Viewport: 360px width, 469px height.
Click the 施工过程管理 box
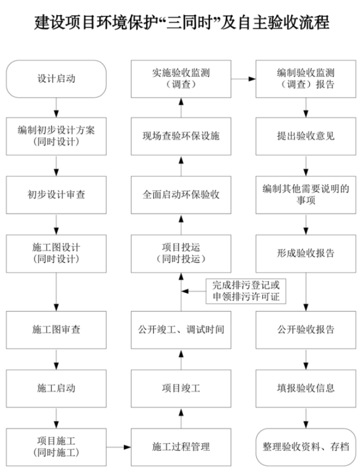pyautogui.click(x=181, y=447)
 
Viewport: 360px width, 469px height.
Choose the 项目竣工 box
pyautogui.click(x=181, y=388)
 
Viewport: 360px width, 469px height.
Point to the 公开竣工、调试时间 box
pyautogui.click(x=181, y=329)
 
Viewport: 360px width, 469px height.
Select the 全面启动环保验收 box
pyautogui.click(x=181, y=195)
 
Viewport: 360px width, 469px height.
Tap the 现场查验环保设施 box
pyautogui.click(x=181, y=136)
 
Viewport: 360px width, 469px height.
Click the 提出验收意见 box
pyautogui.click(x=306, y=136)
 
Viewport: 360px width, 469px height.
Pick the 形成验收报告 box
pyautogui.click(x=306, y=253)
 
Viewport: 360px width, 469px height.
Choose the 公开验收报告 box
pyautogui.click(x=306, y=329)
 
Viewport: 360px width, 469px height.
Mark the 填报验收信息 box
pyautogui.click(x=306, y=388)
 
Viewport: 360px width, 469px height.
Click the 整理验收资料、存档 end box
pyautogui.click(x=306, y=447)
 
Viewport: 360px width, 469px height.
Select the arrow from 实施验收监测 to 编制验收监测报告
pyautogui.click(x=243, y=79)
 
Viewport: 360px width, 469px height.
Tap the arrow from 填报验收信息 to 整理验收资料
pyautogui.click(x=306, y=417)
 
